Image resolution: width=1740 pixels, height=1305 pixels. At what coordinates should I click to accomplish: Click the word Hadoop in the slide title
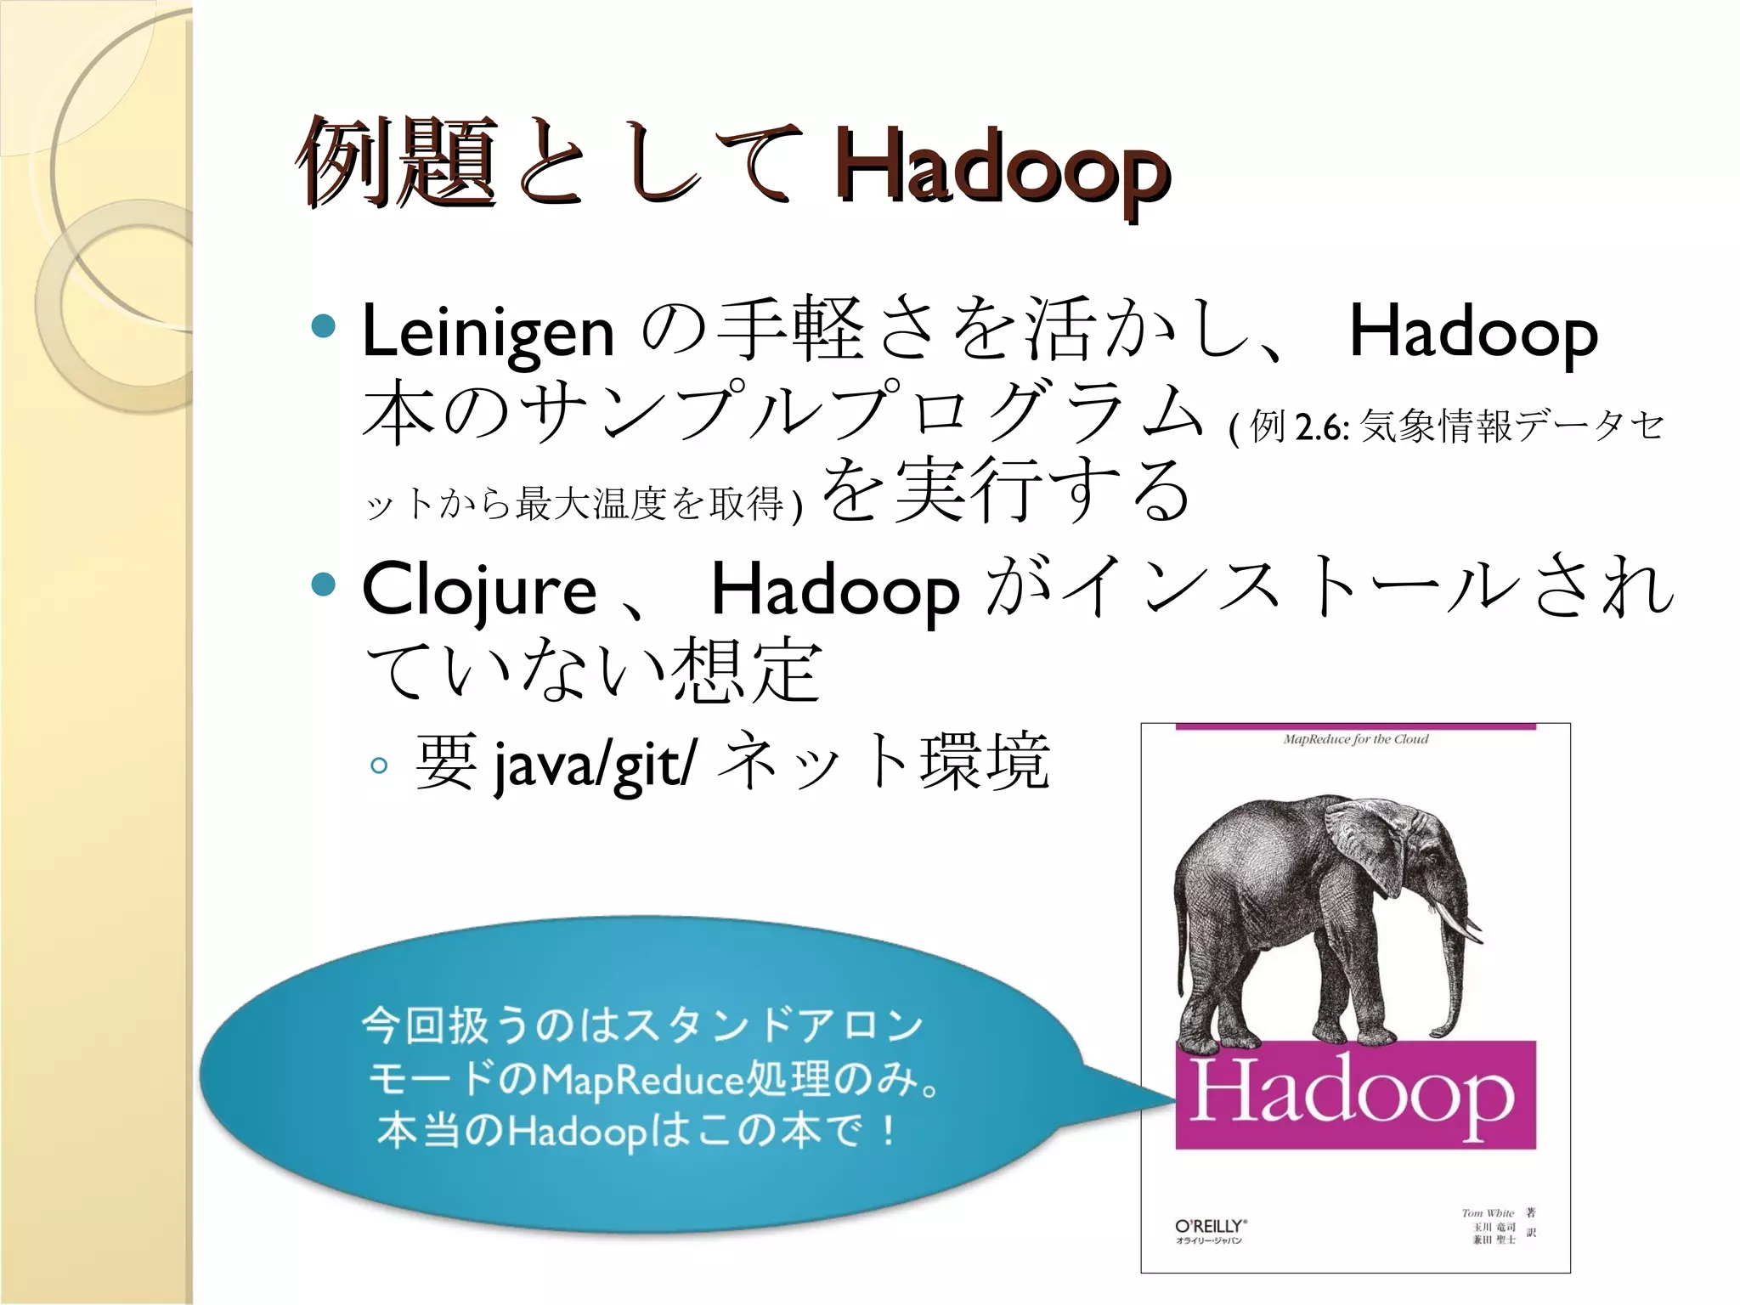tap(1003, 166)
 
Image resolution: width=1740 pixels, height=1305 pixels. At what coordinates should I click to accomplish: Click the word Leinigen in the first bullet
tap(488, 332)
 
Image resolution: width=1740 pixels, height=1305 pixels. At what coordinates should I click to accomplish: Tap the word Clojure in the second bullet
tap(479, 590)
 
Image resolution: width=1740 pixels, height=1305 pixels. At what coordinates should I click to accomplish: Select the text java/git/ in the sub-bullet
tap(595, 764)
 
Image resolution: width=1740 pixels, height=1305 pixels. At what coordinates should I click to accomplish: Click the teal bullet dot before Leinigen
tap(324, 325)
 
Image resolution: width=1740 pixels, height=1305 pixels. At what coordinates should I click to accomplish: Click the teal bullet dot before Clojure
tap(324, 584)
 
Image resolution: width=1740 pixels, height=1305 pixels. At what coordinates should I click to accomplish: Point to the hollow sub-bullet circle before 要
tap(379, 765)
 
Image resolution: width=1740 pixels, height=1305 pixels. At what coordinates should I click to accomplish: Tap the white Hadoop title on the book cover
tap(1353, 1094)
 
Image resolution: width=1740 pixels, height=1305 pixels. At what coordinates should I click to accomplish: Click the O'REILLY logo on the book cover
tap(1210, 1226)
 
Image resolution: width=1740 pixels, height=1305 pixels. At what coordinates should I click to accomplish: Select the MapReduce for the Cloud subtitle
tap(1355, 739)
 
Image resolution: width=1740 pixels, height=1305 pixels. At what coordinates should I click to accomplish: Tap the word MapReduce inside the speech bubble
tap(642, 1081)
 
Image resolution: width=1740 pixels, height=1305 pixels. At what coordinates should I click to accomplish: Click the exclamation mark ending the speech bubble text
tap(888, 1131)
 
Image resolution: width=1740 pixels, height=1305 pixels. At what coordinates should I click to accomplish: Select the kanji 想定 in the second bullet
tap(747, 671)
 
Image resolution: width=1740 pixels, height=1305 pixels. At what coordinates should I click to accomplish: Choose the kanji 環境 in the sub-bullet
tap(985, 762)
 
